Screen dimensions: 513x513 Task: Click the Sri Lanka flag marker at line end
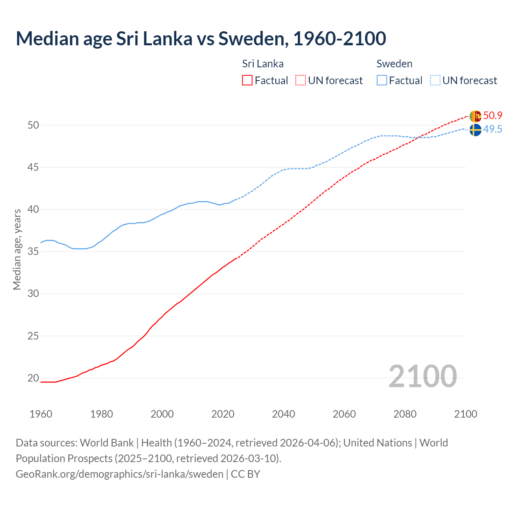click(x=475, y=116)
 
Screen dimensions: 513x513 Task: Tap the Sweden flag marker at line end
click(x=475, y=130)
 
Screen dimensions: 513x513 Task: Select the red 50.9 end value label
click(x=493, y=116)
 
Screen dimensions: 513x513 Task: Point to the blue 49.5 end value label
click(x=493, y=129)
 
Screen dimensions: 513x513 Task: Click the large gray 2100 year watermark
click(x=422, y=376)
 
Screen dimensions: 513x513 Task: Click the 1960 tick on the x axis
click(x=41, y=414)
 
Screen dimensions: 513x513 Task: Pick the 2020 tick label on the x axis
click(x=223, y=414)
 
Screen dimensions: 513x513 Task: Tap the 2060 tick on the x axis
click(x=344, y=414)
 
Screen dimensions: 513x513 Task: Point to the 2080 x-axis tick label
click(x=405, y=414)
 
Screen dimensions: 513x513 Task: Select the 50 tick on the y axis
click(x=33, y=125)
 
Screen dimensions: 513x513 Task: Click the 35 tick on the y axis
click(x=33, y=252)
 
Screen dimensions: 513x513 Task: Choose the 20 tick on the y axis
click(x=33, y=378)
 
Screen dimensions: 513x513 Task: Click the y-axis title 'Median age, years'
click(x=17, y=249)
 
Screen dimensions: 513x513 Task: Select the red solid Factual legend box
click(x=247, y=81)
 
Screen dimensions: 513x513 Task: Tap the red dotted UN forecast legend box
click(x=301, y=81)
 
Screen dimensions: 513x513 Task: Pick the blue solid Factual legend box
click(x=382, y=81)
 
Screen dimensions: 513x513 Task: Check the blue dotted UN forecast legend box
click(x=435, y=81)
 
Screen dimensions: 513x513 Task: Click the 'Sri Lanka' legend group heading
click(x=263, y=64)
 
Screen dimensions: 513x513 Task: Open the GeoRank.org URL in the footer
click(x=119, y=474)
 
